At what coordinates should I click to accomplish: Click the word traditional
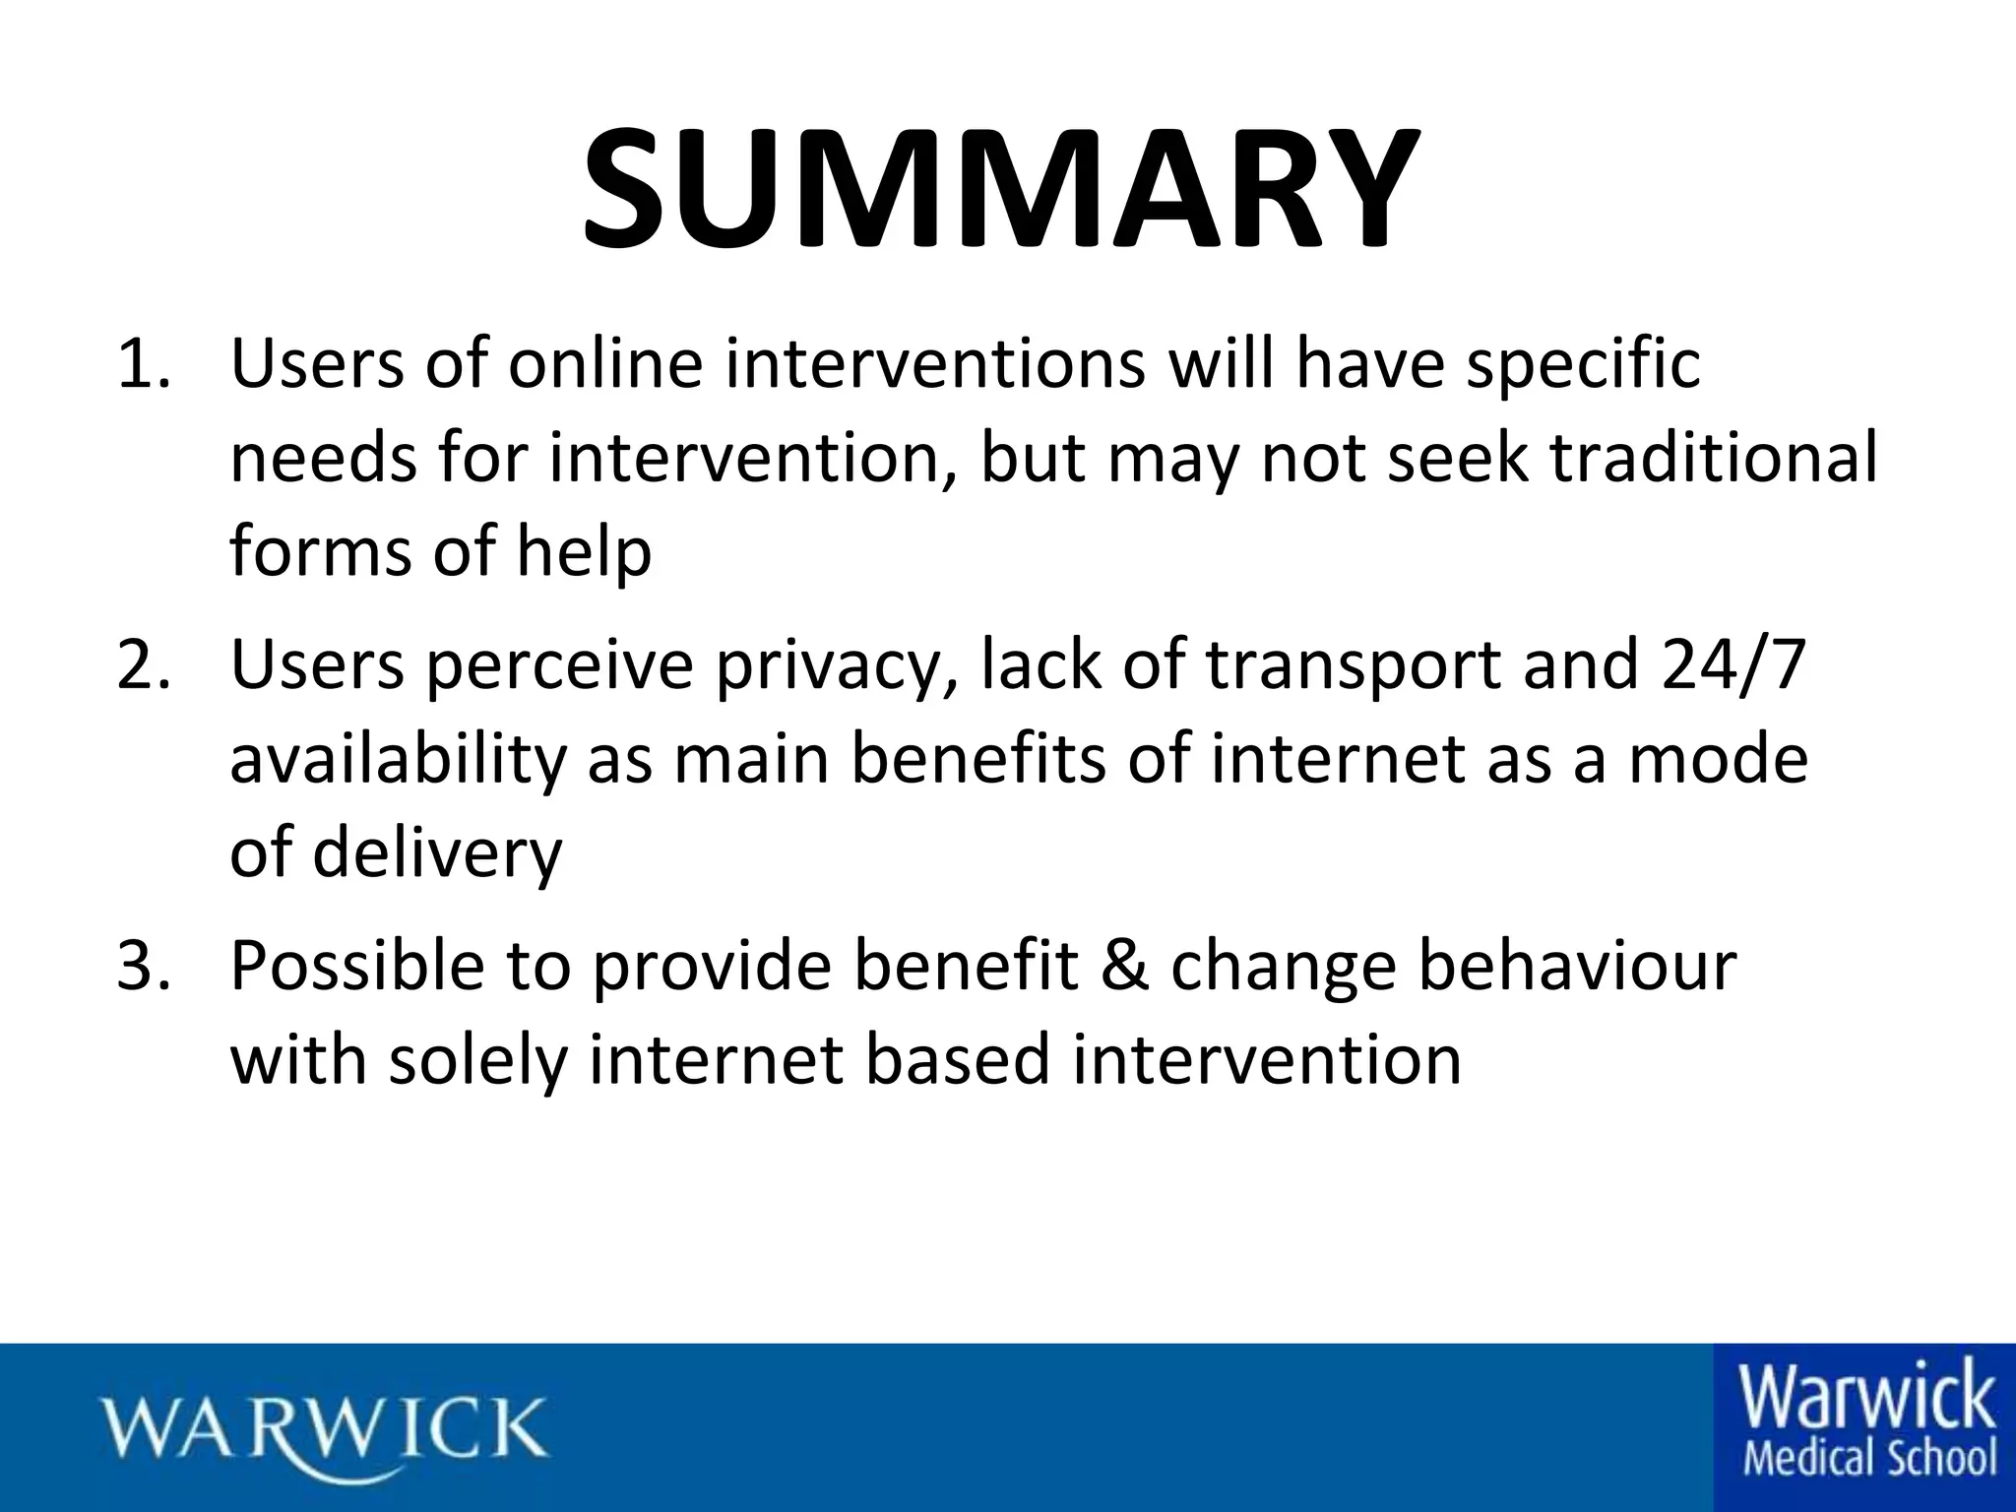[x=1714, y=459]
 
